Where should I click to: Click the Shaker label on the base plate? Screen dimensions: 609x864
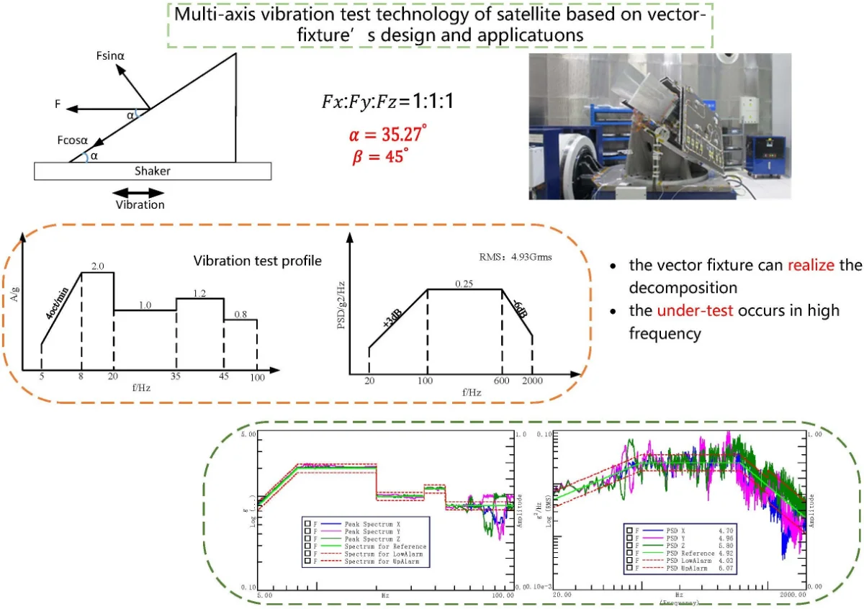[x=152, y=171]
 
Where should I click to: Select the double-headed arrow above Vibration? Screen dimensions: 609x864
[x=139, y=192]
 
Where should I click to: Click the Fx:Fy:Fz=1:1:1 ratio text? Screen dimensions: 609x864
[x=386, y=103]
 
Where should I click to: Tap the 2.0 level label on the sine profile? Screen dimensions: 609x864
[x=98, y=266]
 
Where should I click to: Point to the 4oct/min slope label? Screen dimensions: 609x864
[x=59, y=304]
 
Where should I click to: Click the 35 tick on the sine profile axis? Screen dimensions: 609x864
[x=176, y=376]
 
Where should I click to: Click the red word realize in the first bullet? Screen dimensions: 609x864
[x=811, y=264]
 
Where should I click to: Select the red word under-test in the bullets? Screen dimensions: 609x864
[x=688, y=310]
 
